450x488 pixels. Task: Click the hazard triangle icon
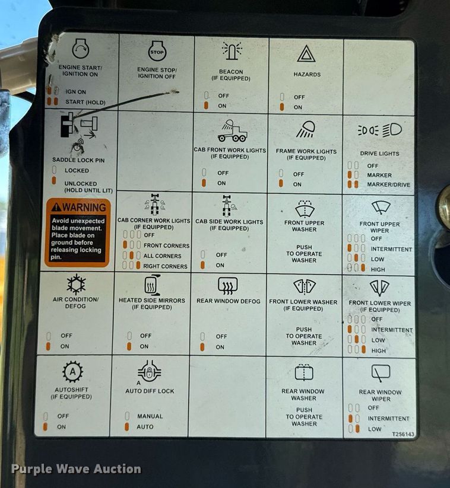[306, 54]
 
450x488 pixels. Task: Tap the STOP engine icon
[157, 51]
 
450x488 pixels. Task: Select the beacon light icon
[232, 50]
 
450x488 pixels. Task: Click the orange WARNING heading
[79, 207]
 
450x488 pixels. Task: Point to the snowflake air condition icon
[76, 284]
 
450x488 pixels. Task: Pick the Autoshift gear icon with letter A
[72, 372]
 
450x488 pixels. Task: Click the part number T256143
[403, 434]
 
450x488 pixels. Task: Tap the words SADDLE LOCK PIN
[78, 160]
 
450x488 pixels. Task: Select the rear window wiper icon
[381, 373]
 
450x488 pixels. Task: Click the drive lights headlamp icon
[379, 130]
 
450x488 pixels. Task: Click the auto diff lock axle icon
[150, 371]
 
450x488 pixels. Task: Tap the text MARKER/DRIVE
[389, 184]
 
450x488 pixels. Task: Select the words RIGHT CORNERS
[165, 266]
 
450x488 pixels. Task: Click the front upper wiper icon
[381, 208]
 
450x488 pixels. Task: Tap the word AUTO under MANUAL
[145, 427]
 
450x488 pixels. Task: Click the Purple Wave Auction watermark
[76, 469]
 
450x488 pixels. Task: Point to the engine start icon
[81, 48]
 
